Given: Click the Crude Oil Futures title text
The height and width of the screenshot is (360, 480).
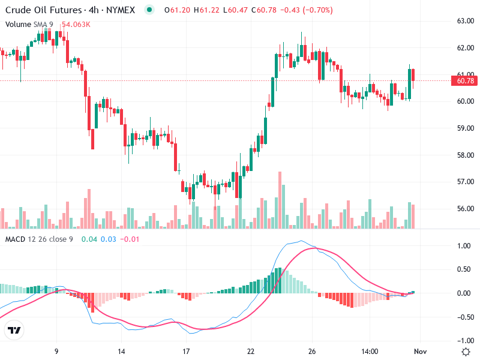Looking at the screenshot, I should click(x=43, y=10).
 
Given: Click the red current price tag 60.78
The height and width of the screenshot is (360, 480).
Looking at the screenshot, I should click(x=465, y=81).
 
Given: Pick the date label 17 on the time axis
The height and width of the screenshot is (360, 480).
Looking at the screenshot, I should click(x=186, y=352).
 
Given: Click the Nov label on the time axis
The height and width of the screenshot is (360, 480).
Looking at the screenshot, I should click(x=420, y=352).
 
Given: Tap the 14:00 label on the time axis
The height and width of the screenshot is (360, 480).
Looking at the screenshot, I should click(x=370, y=352).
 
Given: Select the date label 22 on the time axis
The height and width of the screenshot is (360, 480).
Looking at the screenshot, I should click(x=251, y=352).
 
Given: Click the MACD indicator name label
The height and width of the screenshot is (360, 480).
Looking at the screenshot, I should click(x=16, y=239).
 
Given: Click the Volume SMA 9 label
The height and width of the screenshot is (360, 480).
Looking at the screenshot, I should click(x=29, y=24).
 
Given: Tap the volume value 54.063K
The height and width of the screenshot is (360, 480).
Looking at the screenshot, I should click(x=76, y=24).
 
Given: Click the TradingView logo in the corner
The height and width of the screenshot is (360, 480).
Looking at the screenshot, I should click(x=14, y=331).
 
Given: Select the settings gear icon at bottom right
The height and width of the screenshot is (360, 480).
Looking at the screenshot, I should click(x=465, y=351).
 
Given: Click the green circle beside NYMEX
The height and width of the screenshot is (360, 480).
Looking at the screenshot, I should click(x=149, y=10).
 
